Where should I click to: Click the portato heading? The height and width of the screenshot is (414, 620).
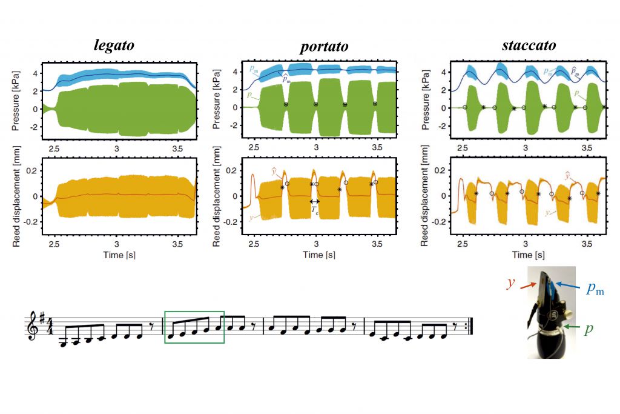point(324,47)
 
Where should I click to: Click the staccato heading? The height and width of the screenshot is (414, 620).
point(529,45)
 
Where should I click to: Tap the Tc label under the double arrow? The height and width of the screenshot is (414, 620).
point(315,210)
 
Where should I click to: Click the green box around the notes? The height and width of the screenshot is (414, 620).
point(194,327)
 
